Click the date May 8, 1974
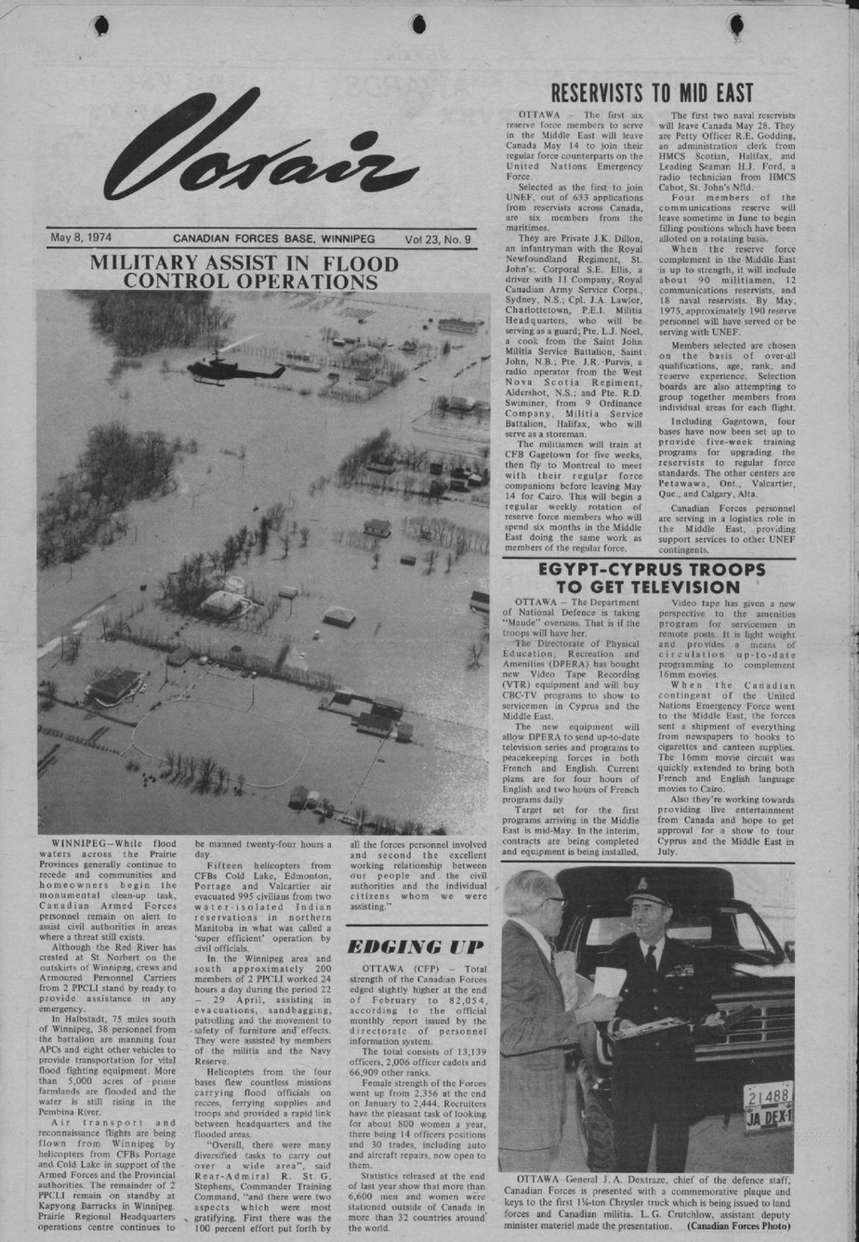point(81,238)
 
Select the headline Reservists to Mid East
point(652,93)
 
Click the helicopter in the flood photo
point(228,369)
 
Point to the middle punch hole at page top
point(418,23)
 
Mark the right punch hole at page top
point(735,23)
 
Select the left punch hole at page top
point(100,24)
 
